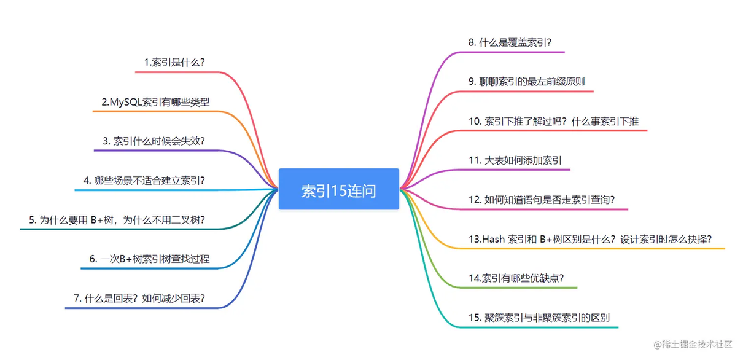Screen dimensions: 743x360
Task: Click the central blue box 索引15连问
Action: coord(339,189)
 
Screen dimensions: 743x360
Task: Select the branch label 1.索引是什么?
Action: coord(174,62)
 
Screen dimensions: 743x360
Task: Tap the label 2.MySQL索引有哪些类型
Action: coord(155,102)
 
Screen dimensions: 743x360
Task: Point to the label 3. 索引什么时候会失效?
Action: coord(154,141)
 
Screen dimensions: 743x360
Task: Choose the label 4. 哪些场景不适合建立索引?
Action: coord(144,181)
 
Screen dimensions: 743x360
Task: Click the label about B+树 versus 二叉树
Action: coord(117,220)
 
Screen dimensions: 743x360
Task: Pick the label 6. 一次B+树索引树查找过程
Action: coord(150,259)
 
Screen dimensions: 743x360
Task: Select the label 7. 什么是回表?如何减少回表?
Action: coord(139,299)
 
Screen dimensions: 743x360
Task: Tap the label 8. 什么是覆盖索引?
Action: coord(510,42)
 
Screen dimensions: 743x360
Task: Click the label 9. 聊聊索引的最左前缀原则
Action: coord(526,81)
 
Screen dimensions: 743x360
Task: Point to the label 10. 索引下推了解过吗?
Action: coord(553,121)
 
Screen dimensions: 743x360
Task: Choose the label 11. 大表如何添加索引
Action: coord(515,160)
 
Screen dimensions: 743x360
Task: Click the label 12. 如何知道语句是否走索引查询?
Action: coord(542,200)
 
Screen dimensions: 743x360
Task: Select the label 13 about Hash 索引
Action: coord(590,239)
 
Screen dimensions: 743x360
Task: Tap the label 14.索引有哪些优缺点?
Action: coord(516,278)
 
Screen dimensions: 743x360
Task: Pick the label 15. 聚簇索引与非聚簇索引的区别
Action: coord(539,318)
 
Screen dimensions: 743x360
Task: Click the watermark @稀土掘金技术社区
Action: coord(693,345)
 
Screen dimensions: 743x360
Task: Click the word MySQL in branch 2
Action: coord(126,102)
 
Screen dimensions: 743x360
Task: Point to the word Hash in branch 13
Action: coord(493,239)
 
